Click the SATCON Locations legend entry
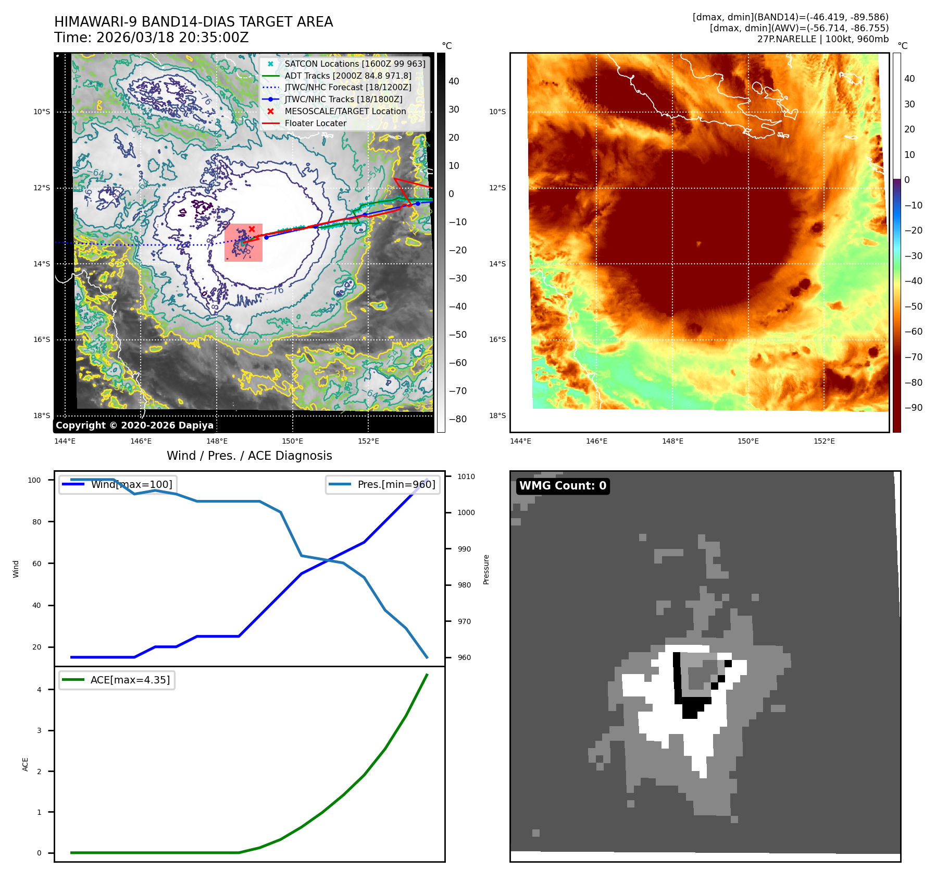click(x=354, y=64)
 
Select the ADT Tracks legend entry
click(x=347, y=76)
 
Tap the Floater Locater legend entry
click(x=315, y=124)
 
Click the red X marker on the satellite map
click(x=252, y=229)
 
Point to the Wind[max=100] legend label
click(x=131, y=484)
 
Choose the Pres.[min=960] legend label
click(x=396, y=484)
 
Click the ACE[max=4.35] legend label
click(x=130, y=680)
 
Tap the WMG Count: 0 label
click(x=563, y=486)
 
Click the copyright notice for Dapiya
click(x=134, y=425)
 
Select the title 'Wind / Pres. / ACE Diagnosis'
click(x=249, y=456)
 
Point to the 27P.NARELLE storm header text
click(x=822, y=39)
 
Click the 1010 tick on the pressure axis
click(x=466, y=476)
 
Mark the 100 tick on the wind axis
click(x=34, y=480)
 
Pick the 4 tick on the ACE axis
click(x=39, y=690)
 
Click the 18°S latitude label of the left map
click(x=42, y=415)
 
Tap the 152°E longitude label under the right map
click(x=824, y=441)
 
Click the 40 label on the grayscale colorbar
click(x=454, y=81)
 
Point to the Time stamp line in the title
click(x=151, y=38)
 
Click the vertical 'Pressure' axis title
click(x=486, y=569)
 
